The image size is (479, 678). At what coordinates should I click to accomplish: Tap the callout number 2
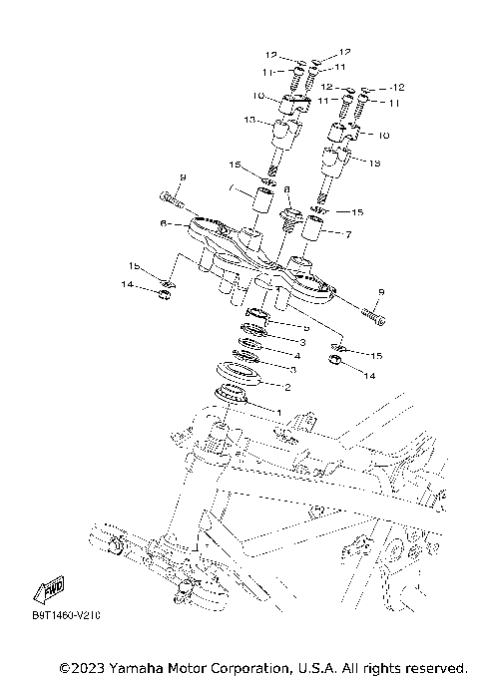click(288, 388)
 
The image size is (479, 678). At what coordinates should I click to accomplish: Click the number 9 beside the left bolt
click(183, 176)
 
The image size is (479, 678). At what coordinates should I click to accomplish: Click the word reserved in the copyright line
click(433, 666)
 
